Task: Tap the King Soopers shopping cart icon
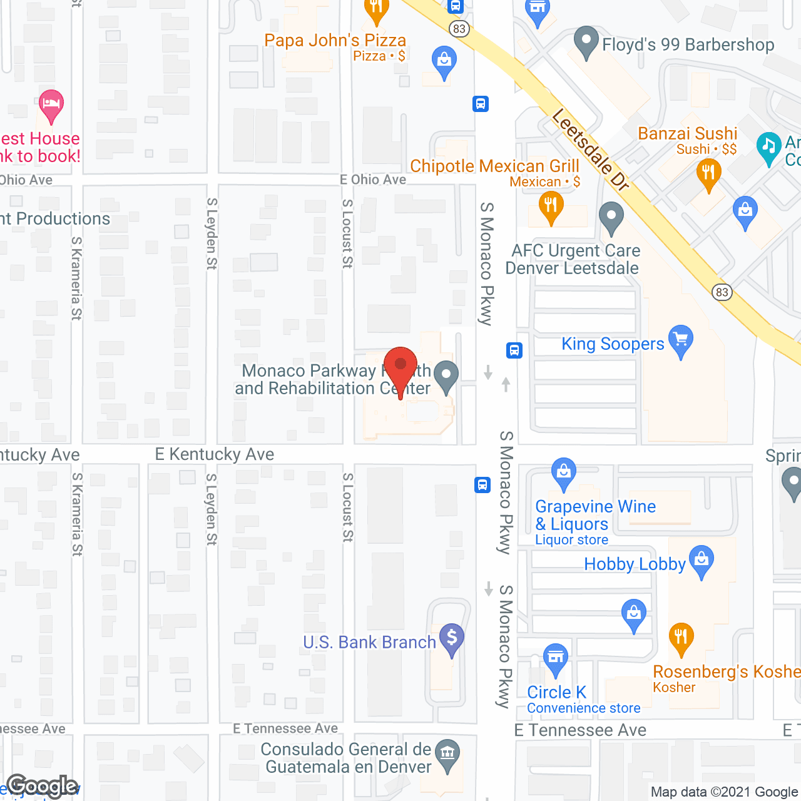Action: tap(681, 341)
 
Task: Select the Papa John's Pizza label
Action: tap(335, 41)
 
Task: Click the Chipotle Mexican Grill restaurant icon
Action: tap(551, 207)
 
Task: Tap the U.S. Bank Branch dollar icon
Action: tap(452, 639)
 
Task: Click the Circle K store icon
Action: tap(556, 658)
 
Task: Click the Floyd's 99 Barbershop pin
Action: tap(586, 41)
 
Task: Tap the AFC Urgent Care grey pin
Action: tap(611, 217)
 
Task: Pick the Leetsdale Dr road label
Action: tap(590, 150)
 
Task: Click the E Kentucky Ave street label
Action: tap(215, 454)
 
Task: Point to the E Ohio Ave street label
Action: tap(373, 180)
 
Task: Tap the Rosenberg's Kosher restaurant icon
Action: tap(681, 638)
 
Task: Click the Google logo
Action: tap(43, 786)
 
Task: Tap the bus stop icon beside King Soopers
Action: tap(514, 350)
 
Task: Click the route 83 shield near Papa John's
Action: tap(460, 29)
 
